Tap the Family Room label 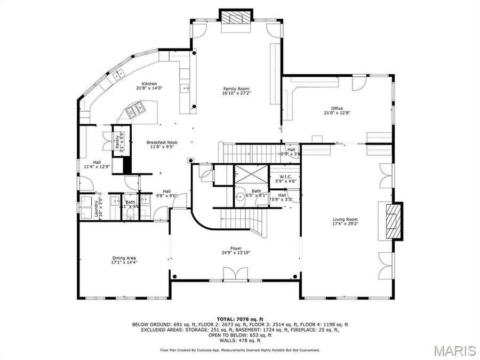tap(236, 89)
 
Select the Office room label tap(337, 108)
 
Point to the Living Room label tap(345, 219)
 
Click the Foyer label tap(236, 248)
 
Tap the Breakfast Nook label tap(162, 142)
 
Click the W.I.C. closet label tap(282, 177)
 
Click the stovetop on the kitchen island tap(135, 111)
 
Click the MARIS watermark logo tap(454, 350)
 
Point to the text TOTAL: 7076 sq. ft tap(240, 318)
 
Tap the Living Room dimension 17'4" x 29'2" tap(345, 224)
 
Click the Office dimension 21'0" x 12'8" tap(337, 113)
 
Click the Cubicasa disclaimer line tap(240, 350)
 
